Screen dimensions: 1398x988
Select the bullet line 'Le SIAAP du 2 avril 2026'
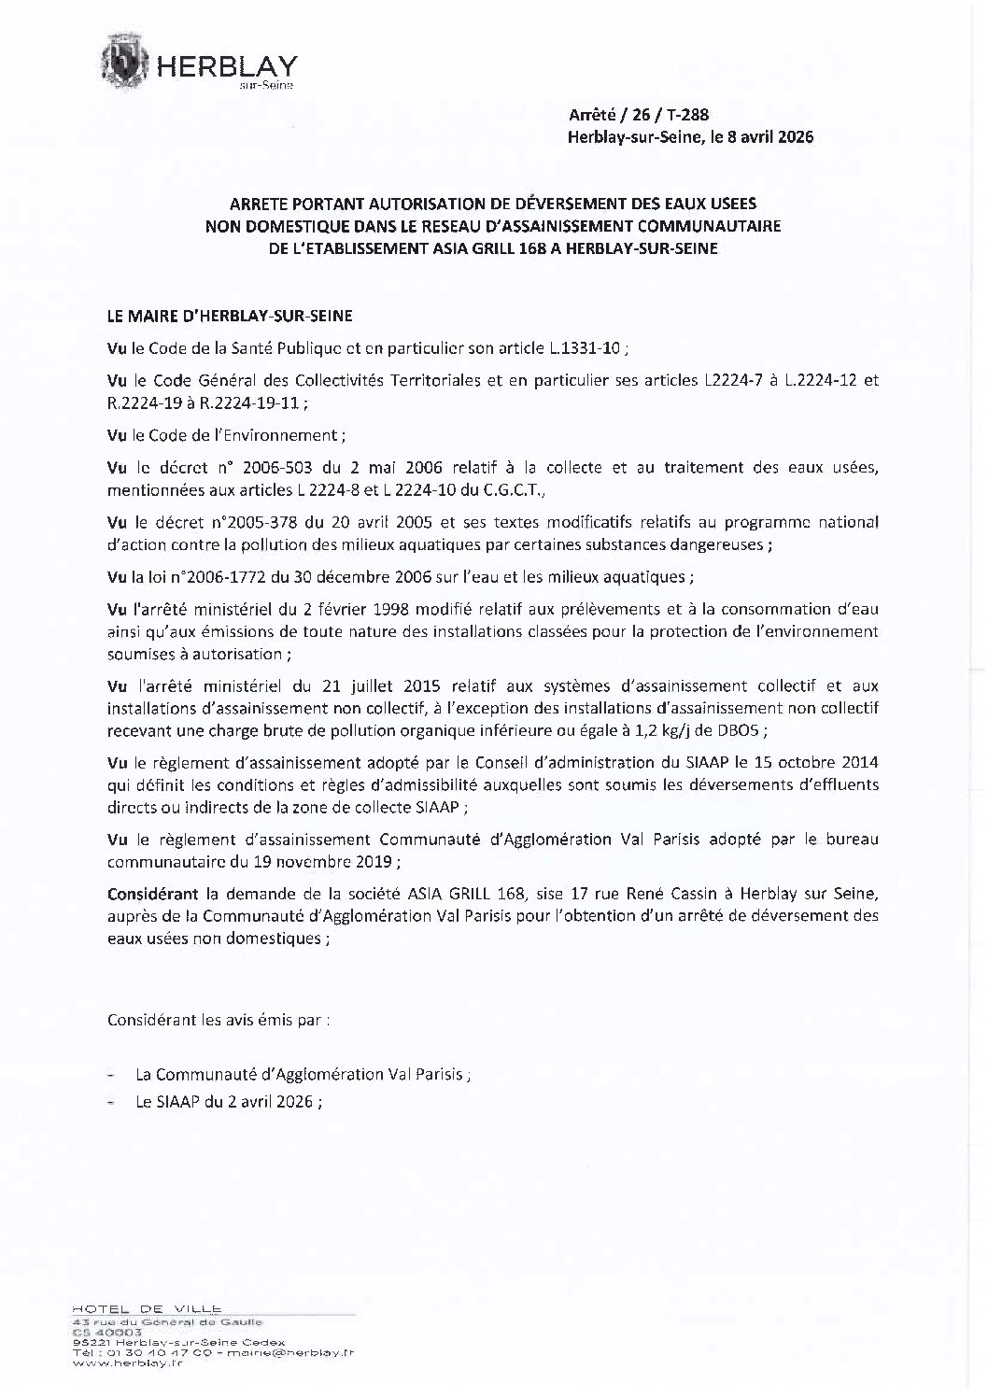coord(228,1101)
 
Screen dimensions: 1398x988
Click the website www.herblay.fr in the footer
coord(128,1389)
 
